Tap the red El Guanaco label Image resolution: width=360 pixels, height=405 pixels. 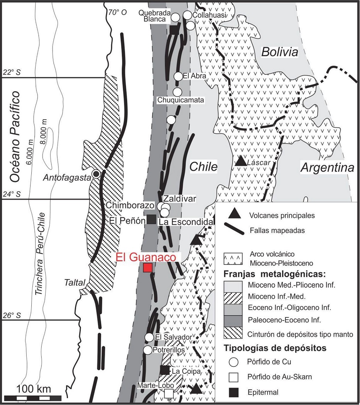coord(146,257)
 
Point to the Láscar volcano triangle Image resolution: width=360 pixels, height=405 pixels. coord(241,161)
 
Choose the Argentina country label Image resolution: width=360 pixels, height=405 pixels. coord(328,168)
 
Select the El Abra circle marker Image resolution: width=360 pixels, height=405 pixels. coord(178,76)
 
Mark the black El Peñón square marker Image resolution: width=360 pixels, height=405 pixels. coord(152,219)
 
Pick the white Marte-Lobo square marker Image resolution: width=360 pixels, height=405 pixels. coord(169,393)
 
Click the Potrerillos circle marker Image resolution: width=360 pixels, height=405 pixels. coord(148,350)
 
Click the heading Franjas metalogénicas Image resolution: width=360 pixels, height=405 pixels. coord(275,275)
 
